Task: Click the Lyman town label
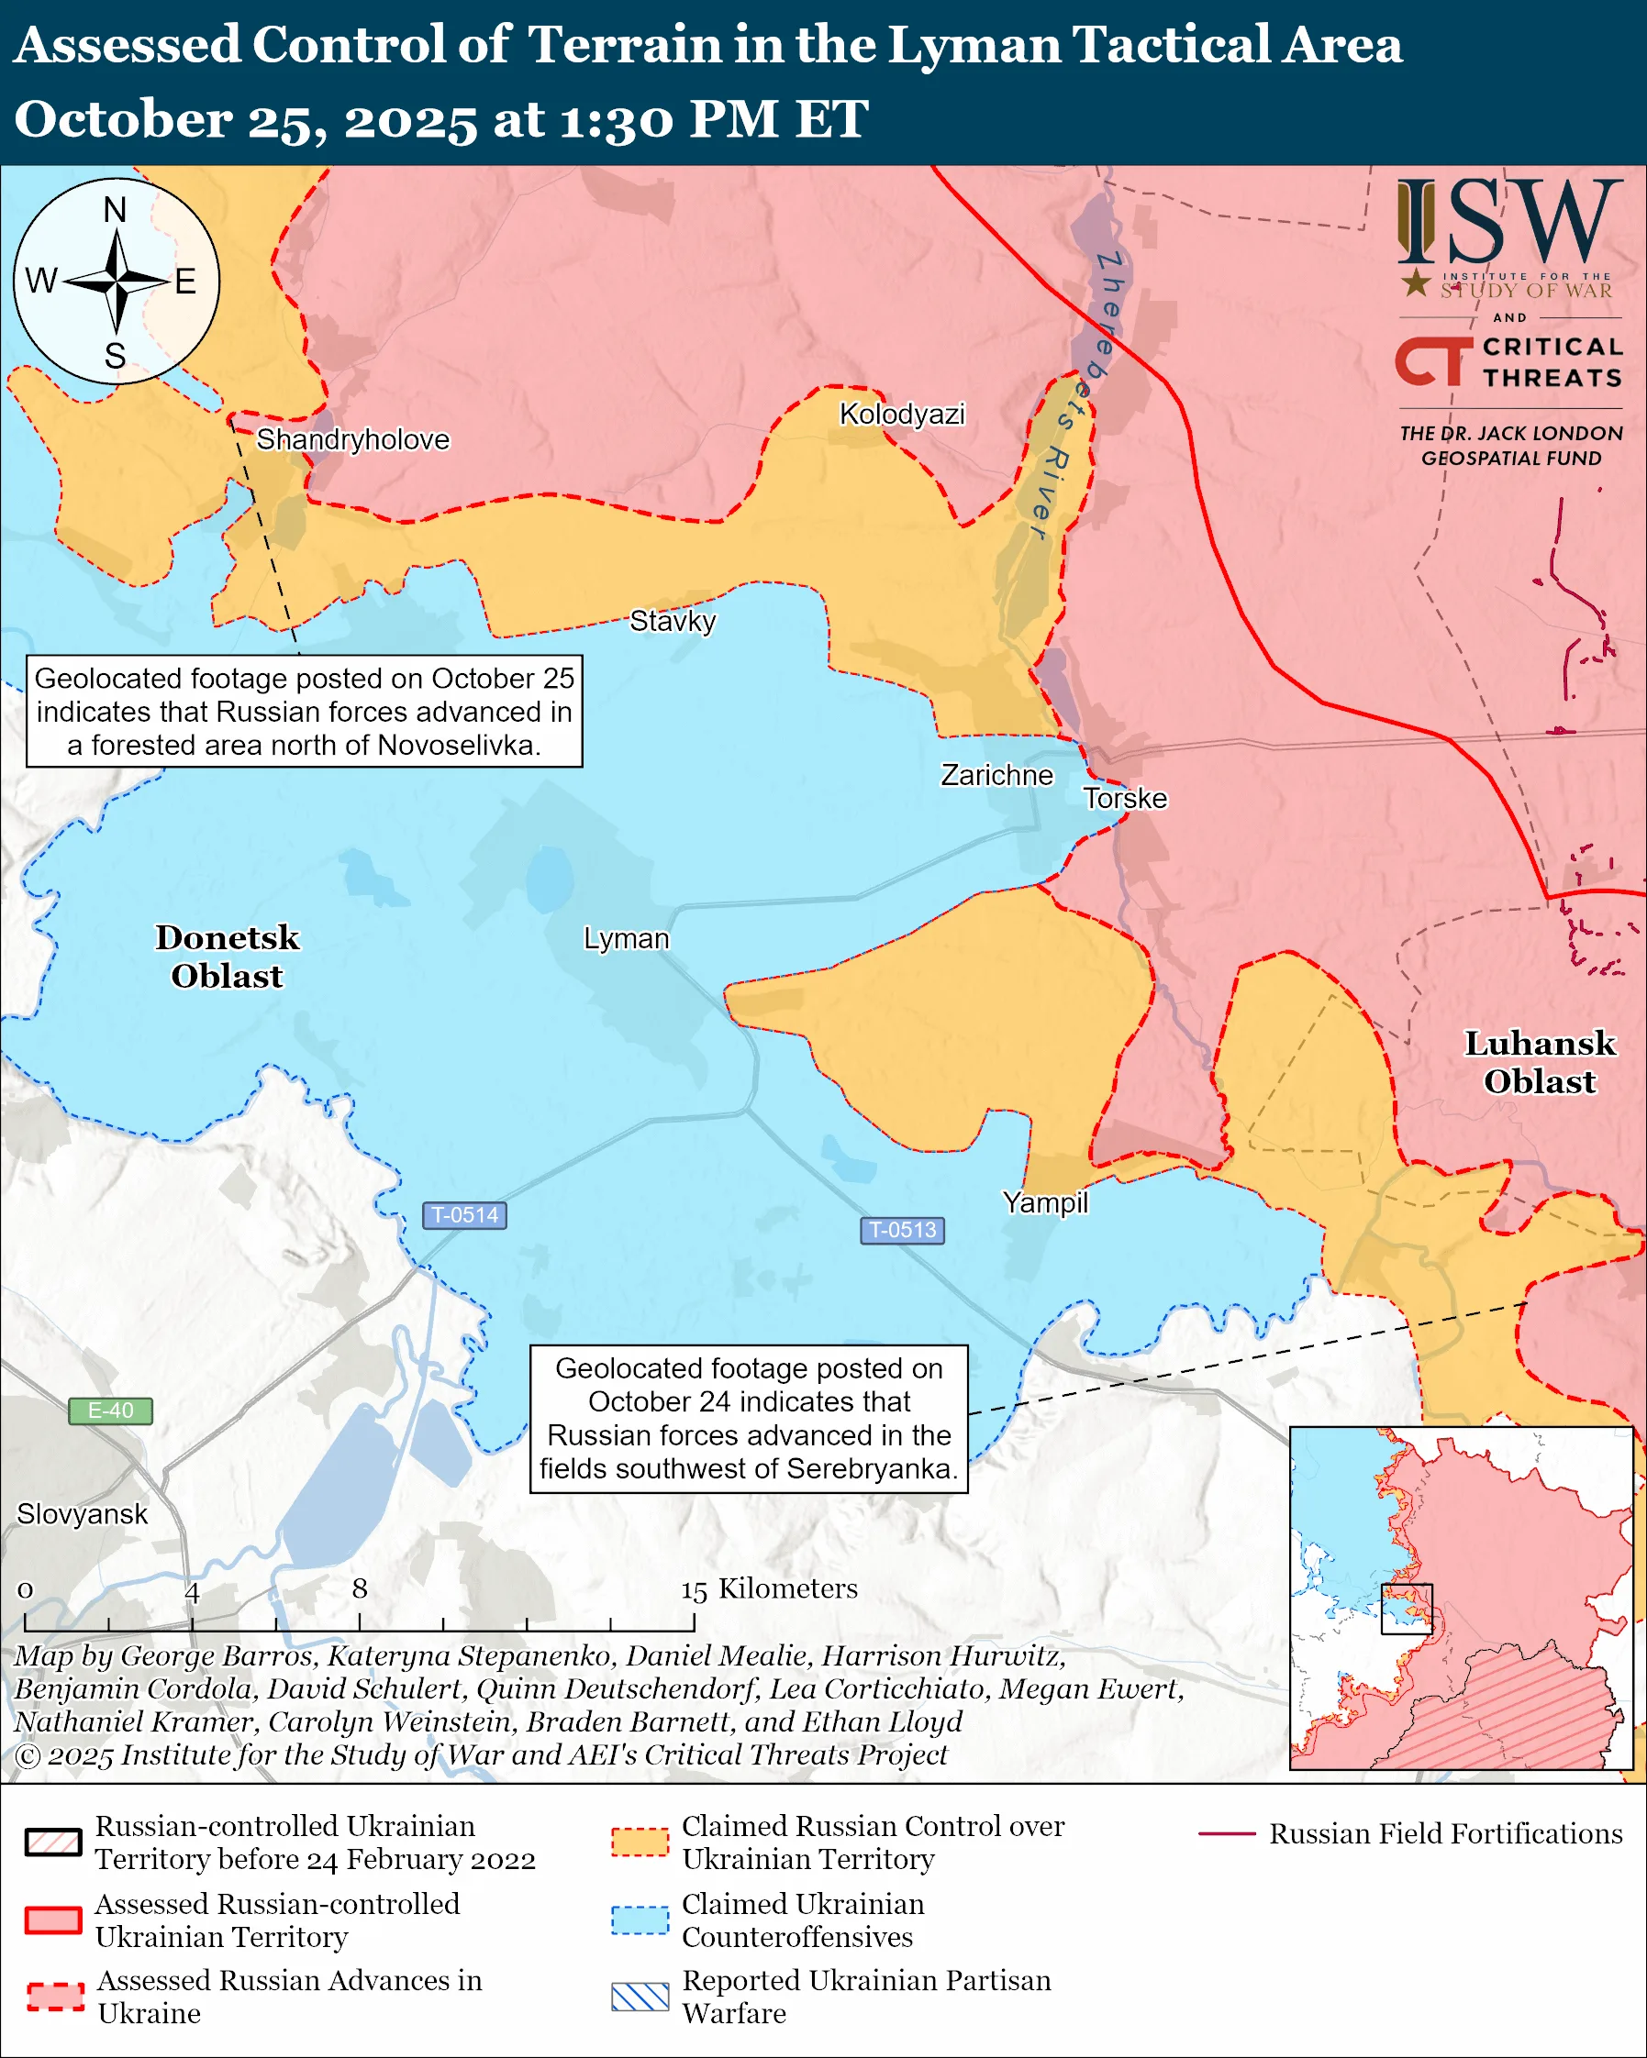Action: [x=627, y=938]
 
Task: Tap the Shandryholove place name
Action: [x=352, y=439]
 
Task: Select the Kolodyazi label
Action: [x=901, y=414]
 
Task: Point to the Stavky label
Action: [x=673, y=621]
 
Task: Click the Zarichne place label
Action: [x=996, y=774]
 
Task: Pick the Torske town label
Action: [x=1125, y=798]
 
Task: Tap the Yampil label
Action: [x=1044, y=1201]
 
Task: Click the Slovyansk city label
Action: [x=82, y=1514]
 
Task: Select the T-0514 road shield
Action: [x=464, y=1215]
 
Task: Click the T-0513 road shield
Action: [x=902, y=1230]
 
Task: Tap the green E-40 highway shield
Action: [x=110, y=1410]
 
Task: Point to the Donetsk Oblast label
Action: [x=228, y=957]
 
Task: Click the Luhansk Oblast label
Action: [x=1539, y=1061]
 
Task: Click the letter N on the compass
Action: [x=116, y=209]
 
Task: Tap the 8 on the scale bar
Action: [x=359, y=1588]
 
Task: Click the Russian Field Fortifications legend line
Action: [x=1226, y=1833]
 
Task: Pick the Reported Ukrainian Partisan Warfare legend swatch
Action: [x=640, y=1996]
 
